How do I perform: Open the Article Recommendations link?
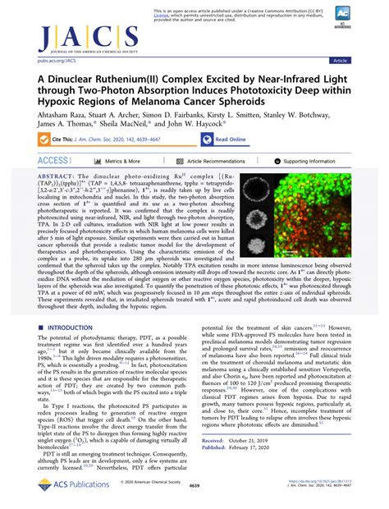pyautogui.click(x=217, y=162)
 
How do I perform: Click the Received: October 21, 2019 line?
pyautogui.click(x=243, y=462)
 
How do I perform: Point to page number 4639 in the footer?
pyautogui.click(x=194, y=497)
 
